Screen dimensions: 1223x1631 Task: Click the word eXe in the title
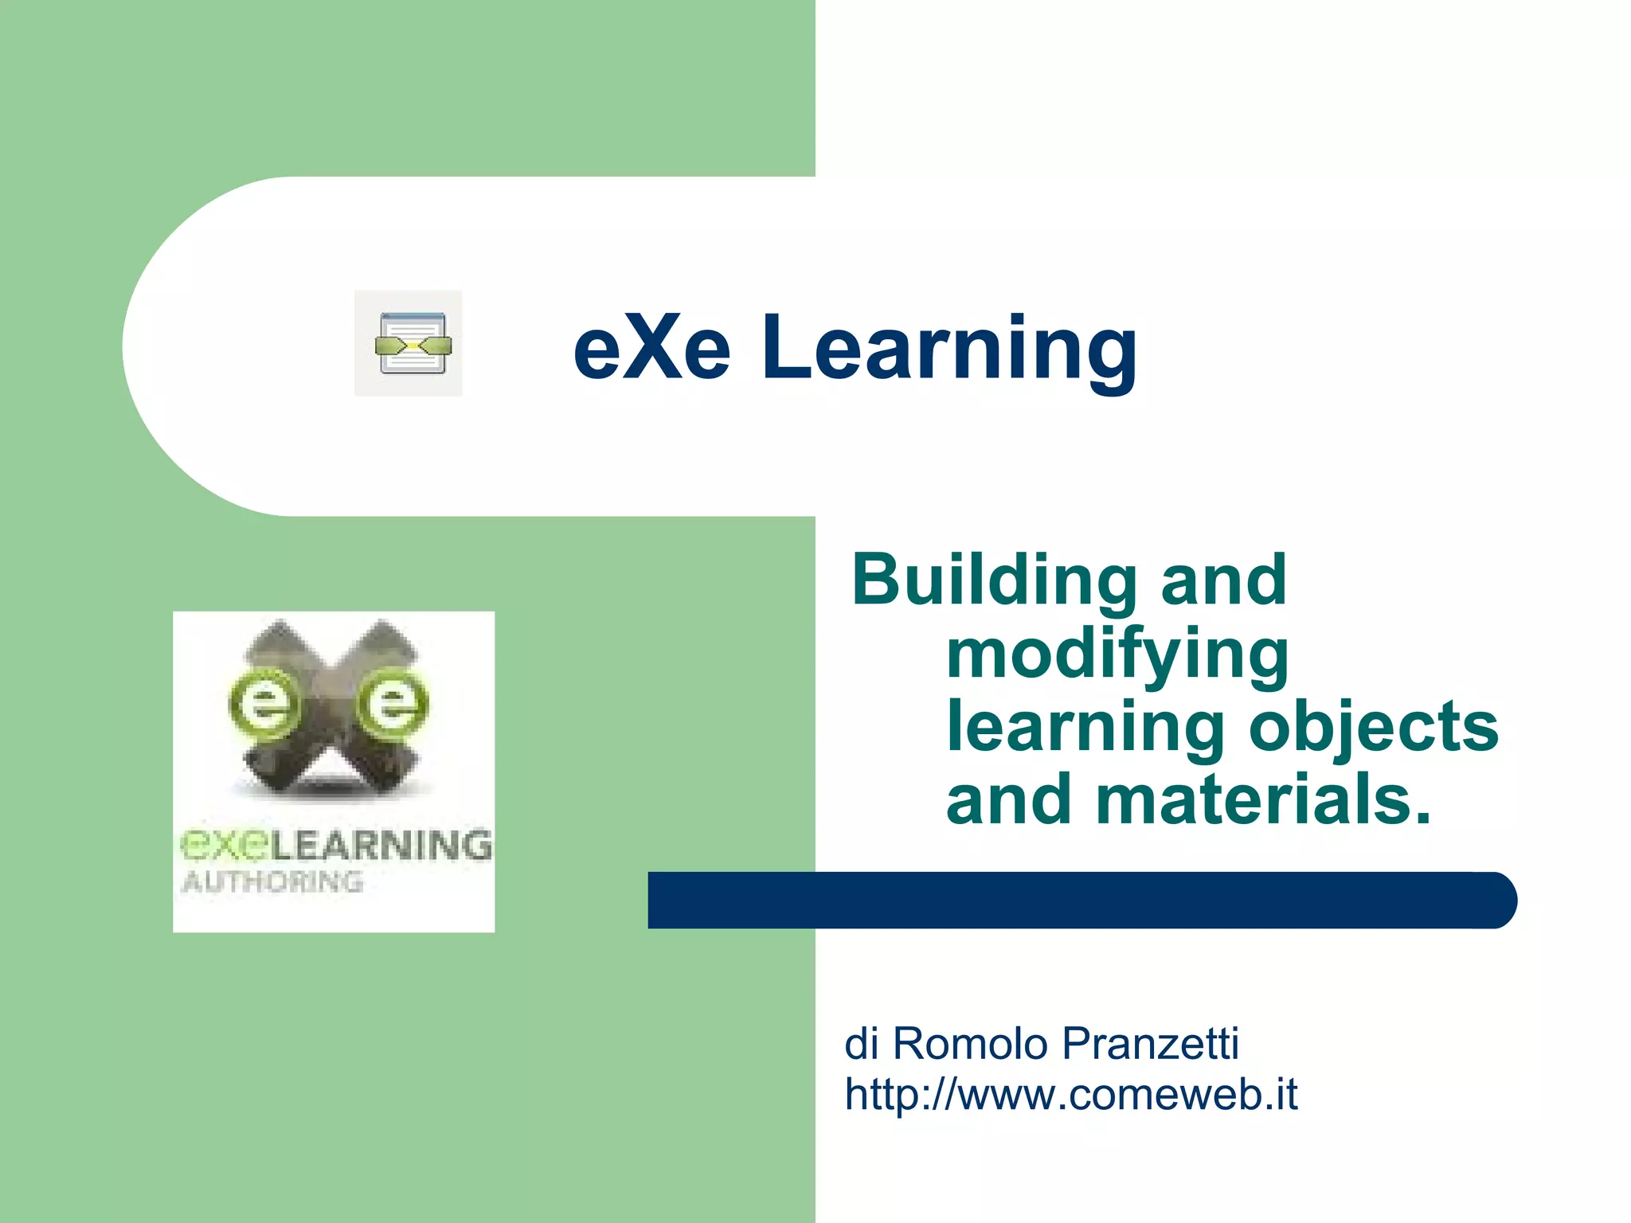(x=651, y=348)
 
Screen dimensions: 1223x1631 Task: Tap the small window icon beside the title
(x=409, y=344)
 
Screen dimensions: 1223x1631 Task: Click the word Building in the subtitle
(x=994, y=581)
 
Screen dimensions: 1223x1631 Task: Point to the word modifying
(x=1117, y=655)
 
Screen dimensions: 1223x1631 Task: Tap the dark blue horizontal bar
(x=1081, y=901)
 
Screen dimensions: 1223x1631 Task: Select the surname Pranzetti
(x=1151, y=1043)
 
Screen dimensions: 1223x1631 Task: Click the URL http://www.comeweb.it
(x=1070, y=1094)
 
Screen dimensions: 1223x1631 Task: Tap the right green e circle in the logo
(x=392, y=704)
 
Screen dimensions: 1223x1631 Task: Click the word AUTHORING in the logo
(x=272, y=882)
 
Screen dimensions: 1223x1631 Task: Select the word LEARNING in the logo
(x=381, y=846)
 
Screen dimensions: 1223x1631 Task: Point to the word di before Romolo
(x=861, y=1043)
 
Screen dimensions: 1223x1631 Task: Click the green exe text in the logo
(x=224, y=846)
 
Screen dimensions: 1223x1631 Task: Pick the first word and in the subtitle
(x=1223, y=580)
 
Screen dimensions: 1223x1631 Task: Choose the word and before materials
(x=1008, y=799)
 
